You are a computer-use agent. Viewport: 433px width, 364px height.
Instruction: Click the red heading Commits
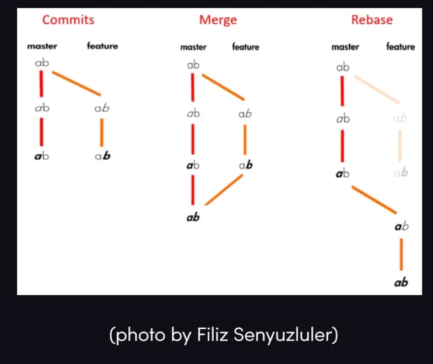(x=68, y=20)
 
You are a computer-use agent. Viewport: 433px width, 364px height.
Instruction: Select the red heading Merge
(x=218, y=20)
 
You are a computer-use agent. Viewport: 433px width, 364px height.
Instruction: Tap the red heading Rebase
(x=372, y=20)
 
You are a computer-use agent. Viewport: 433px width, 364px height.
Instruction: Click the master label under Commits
(x=42, y=46)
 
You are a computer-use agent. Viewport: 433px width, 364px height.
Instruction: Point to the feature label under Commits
(x=102, y=46)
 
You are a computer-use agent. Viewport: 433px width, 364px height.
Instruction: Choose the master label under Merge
(x=193, y=47)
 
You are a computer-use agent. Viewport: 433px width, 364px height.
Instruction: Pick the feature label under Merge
(x=246, y=47)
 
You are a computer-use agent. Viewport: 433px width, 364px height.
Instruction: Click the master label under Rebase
(x=345, y=47)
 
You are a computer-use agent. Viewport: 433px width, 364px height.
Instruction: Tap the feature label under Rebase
(x=400, y=47)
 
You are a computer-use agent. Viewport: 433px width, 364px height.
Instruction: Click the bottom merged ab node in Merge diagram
(x=193, y=217)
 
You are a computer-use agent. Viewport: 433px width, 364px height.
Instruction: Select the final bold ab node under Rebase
(x=401, y=282)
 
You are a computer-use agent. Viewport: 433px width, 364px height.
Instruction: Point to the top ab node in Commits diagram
(x=42, y=63)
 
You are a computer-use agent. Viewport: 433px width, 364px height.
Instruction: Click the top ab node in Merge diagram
(x=193, y=65)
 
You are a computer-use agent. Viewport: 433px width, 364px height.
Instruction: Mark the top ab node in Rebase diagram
(x=343, y=67)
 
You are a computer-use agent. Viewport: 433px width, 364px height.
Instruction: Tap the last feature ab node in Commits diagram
(x=102, y=156)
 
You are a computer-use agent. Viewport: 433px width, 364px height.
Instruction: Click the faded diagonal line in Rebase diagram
(x=377, y=89)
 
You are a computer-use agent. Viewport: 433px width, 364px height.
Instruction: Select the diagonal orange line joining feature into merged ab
(x=224, y=189)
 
